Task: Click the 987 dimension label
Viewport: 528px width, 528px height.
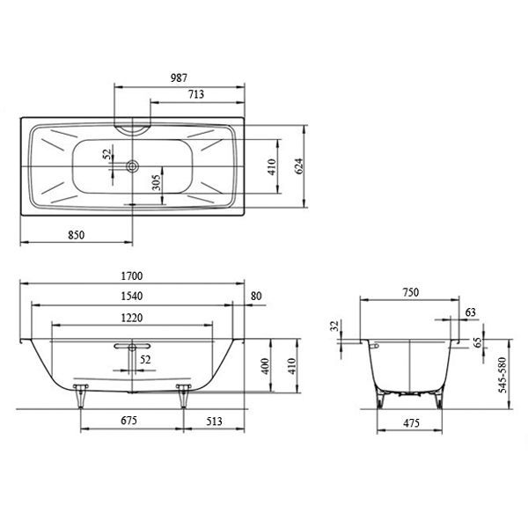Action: click(x=179, y=78)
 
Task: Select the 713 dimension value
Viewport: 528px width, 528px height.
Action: click(x=198, y=94)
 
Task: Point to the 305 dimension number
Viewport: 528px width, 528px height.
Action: click(x=156, y=182)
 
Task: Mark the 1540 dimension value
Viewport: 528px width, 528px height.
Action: click(x=132, y=297)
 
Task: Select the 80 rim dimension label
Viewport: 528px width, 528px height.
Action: click(x=256, y=297)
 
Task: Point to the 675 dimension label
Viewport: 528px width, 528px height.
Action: click(x=131, y=422)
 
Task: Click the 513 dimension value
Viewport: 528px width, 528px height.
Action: click(x=214, y=422)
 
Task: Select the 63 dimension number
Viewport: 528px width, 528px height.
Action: click(x=470, y=312)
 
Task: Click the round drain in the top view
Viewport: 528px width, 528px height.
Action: click(x=132, y=164)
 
